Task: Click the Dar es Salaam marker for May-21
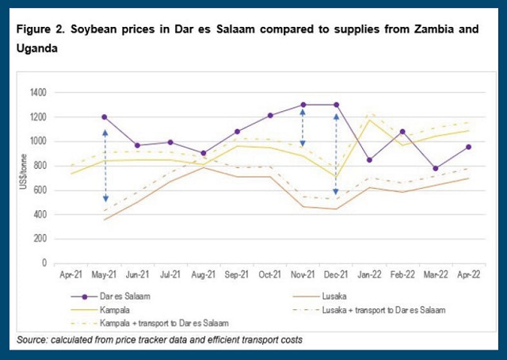pos(105,117)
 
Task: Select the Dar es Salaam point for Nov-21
pos(303,105)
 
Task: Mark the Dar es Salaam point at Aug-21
pos(204,153)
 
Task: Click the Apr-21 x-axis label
pos(71,277)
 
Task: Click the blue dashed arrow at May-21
pos(105,167)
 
